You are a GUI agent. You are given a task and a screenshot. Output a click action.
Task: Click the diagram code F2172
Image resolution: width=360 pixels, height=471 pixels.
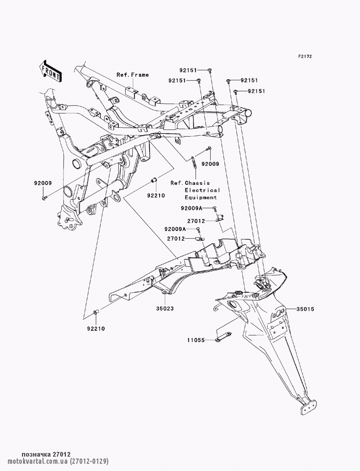(x=305, y=56)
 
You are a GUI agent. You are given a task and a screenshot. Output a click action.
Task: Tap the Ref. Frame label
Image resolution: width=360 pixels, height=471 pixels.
(x=132, y=75)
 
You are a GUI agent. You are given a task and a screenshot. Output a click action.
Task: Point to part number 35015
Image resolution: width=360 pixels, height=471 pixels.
(x=306, y=309)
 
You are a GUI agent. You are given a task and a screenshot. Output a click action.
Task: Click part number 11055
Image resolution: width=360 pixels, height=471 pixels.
(x=195, y=339)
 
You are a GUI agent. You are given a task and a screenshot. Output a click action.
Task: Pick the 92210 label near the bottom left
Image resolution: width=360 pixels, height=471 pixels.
(x=96, y=329)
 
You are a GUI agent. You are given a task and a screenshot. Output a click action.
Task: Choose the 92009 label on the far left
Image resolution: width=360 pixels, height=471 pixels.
(x=43, y=183)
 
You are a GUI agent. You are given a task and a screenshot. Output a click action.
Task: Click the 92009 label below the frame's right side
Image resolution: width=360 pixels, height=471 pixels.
(x=210, y=164)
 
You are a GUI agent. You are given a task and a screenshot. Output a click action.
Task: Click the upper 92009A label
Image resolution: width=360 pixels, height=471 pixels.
(x=192, y=208)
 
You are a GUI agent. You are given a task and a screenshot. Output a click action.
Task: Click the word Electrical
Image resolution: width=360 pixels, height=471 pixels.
(x=202, y=190)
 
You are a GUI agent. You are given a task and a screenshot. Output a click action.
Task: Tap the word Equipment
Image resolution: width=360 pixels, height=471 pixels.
(x=201, y=197)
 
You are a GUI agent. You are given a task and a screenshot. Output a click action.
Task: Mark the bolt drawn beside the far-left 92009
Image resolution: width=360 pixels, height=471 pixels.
(x=44, y=198)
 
